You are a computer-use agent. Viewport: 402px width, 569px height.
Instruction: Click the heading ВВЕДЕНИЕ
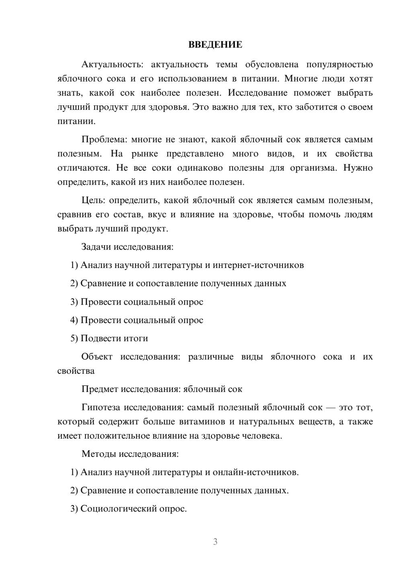click(x=215, y=45)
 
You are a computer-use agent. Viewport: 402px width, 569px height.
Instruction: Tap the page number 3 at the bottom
click(x=215, y=542)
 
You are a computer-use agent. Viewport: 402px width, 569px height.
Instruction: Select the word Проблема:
click(x=104, y=140)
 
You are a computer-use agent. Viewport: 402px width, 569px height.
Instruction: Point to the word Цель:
click(x=93, y=200)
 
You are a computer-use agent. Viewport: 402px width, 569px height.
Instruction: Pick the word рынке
click(x=145, y=154)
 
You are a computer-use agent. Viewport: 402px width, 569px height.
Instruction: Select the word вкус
click(x=157, y=214)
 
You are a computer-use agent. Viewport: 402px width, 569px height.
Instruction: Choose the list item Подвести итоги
click(x=114, y=338)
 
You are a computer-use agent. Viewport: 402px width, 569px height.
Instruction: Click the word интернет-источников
click(x=258, y=265)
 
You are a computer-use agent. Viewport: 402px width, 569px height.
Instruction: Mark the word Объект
click(x=97, y=357)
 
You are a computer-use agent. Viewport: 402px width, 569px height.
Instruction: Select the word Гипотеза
click(x=100, y=408)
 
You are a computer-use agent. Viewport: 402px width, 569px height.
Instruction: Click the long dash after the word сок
click(x=330, y=408)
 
